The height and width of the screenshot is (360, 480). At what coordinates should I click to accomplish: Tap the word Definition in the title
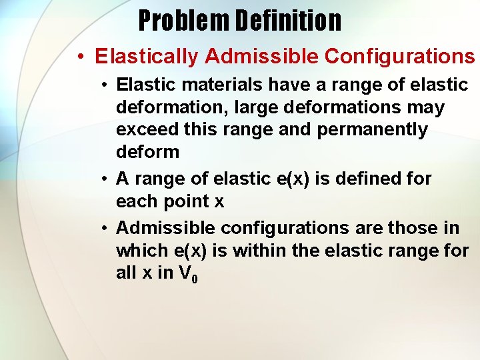pos(287,21)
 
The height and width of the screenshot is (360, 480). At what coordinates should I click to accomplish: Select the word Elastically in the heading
pos(147,57)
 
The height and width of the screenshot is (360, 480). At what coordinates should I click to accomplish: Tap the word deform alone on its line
pos(147,152)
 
